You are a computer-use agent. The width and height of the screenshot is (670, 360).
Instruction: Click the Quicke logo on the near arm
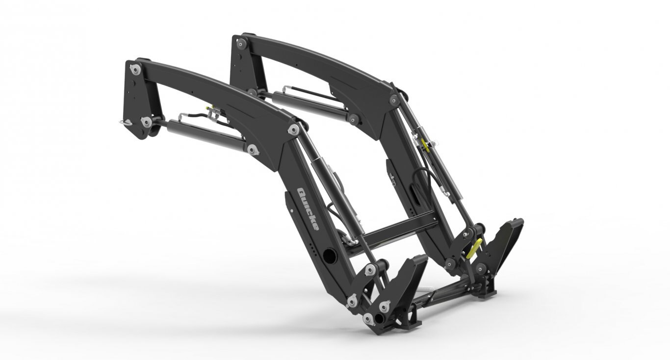308,209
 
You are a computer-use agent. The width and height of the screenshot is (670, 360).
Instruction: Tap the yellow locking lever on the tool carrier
473,249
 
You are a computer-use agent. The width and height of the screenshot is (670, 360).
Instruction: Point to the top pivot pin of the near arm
135,69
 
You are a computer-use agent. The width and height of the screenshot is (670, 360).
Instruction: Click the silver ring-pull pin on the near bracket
125,122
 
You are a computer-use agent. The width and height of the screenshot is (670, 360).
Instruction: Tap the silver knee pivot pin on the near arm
293,129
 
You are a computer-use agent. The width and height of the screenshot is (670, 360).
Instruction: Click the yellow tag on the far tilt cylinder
424,145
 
